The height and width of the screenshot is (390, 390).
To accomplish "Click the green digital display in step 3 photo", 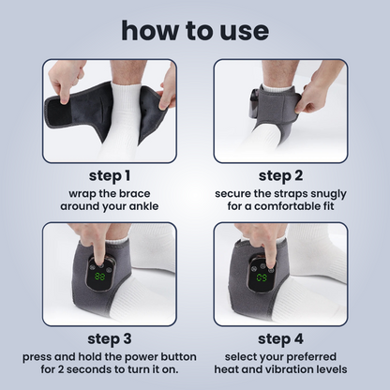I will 97,277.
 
